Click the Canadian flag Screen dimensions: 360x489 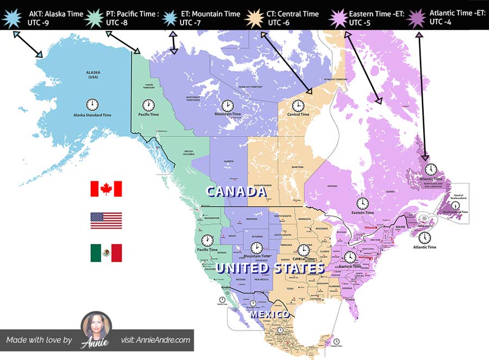[106, 188]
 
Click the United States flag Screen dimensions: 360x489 [106, 220]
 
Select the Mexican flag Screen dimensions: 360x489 [106, 253]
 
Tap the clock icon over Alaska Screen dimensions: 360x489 [92, 104]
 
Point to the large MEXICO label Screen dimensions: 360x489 [269, 314]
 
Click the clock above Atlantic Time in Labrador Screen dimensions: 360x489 [431, 169]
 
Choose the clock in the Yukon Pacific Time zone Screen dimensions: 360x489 [148, 105]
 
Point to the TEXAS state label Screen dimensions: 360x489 [290, 288]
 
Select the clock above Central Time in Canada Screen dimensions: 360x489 [298, 105]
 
